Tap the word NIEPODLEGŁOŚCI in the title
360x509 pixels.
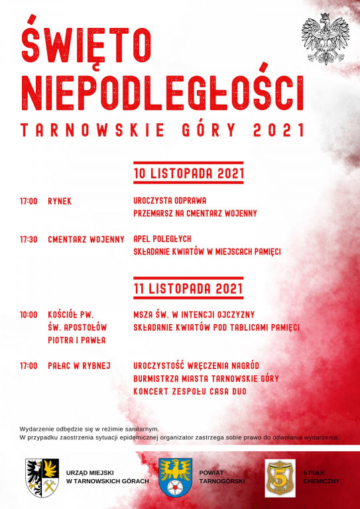pos(162,91)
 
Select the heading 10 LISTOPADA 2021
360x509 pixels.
pos(189,174)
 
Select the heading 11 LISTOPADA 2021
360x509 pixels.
pos(188,289)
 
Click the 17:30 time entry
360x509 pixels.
pos(29,239)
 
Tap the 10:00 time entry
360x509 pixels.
pos(29,314)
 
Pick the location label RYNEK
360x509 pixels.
pos(60,200)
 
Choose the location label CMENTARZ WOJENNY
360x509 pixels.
pos(86,239)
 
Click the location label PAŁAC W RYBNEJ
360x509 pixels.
pos(79,365)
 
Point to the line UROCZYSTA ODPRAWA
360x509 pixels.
pos(170,200)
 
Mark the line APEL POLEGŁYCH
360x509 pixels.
pos(162,239)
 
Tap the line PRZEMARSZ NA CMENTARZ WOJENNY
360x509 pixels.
pos(195,213)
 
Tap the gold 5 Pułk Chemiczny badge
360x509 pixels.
pos(280,477)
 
